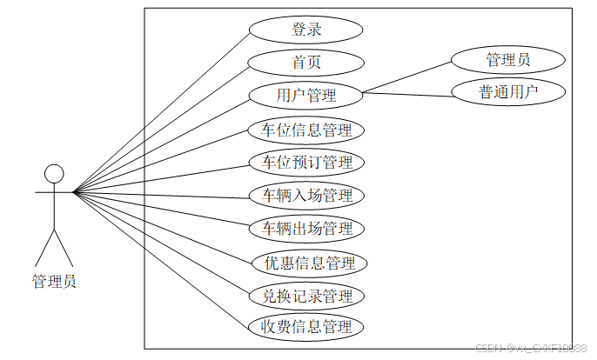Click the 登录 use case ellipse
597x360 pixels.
coord(305,29)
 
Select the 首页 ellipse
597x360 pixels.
coord(305,62)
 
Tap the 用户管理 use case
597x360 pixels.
coord(305,95)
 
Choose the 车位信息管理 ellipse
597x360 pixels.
coord(305,130)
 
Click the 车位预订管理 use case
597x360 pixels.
coord(305,163)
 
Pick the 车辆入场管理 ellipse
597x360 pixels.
coord(305,196)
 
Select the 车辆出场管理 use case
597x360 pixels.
coord(305,229)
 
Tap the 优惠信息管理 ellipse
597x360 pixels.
coord(305,263)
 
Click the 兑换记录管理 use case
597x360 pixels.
coord(305,296)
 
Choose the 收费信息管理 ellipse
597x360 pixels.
coord(305,328)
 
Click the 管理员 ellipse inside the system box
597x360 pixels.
coord(508,60)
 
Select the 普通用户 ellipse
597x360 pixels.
coord(508,91)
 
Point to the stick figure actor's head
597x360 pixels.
coord(54,173)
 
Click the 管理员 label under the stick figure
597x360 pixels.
coord(54,281)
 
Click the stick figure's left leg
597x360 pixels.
coord(44,247)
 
